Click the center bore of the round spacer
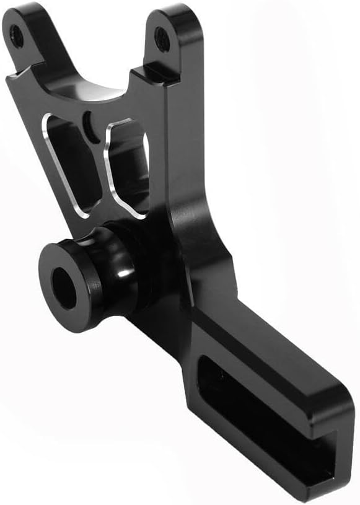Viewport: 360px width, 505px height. (64, 288)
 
